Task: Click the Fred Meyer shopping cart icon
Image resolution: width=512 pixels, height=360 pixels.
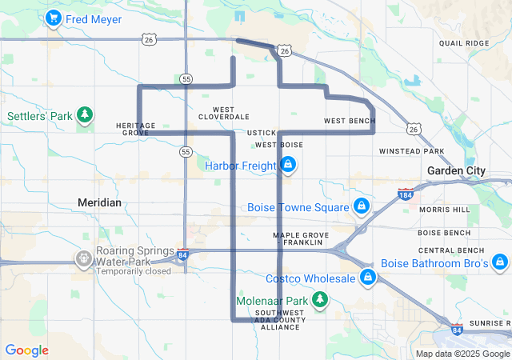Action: (54, 18)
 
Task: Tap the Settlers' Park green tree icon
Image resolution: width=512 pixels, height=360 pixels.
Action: (85, 116)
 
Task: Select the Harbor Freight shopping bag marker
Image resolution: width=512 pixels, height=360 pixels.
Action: (288, 166)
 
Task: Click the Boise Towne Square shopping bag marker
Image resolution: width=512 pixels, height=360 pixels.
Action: (362, 207)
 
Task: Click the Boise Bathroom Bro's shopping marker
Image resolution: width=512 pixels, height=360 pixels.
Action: (500, 263)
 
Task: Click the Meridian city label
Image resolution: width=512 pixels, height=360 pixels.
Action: (100, 202)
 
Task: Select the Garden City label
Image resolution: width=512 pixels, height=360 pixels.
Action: (456, 170)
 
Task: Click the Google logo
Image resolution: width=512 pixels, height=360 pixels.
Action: (26, 350)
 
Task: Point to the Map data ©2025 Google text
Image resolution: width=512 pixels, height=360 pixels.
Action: (462, 354)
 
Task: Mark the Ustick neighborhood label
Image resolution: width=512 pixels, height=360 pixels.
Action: (262, 132)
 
